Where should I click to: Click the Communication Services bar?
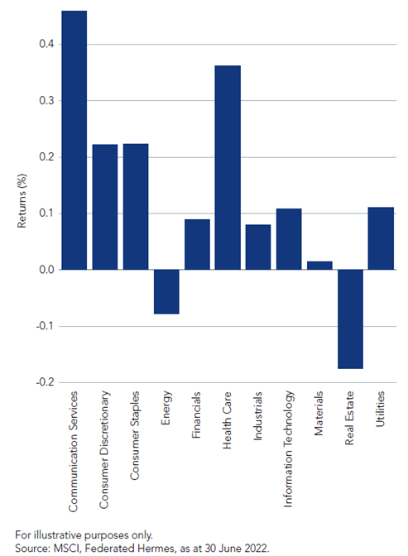pyautogui.click(x=74, y=140)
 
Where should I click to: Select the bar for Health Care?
pyautogui.click(x=228, y=167)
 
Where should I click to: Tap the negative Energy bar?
pyautogui.click(x=166, y=292)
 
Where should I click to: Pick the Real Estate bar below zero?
pyautogui.click(x=351, y=319)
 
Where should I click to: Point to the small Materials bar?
pyautogui.click(x=319, y=266)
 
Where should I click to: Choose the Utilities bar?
pyautogui.click(x=381, y=238)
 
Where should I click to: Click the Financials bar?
pyautogui.click(x=197, y=244)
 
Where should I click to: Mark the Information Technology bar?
pyautogui.click(x=289, y=239)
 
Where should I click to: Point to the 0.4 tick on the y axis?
pyautogui.click(x=46, y=45)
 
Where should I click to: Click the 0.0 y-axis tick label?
pyautogui.click(x=46, y=270)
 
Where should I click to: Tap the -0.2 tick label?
pyautogui.click(x=45, y=382)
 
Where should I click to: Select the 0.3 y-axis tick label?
pyautogui.click(x=46, y=101)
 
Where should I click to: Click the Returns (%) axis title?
pyautogui.click(x=22, y=201)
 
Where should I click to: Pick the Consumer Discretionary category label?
pyautogui.click(x=103, y=449)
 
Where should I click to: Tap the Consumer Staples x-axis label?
pyautogui.click(x=134, y=435)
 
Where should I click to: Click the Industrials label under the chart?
pyautogui.click(x=257, y=416)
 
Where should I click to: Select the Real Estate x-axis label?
pyautogui.click(x=349, y=418)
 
